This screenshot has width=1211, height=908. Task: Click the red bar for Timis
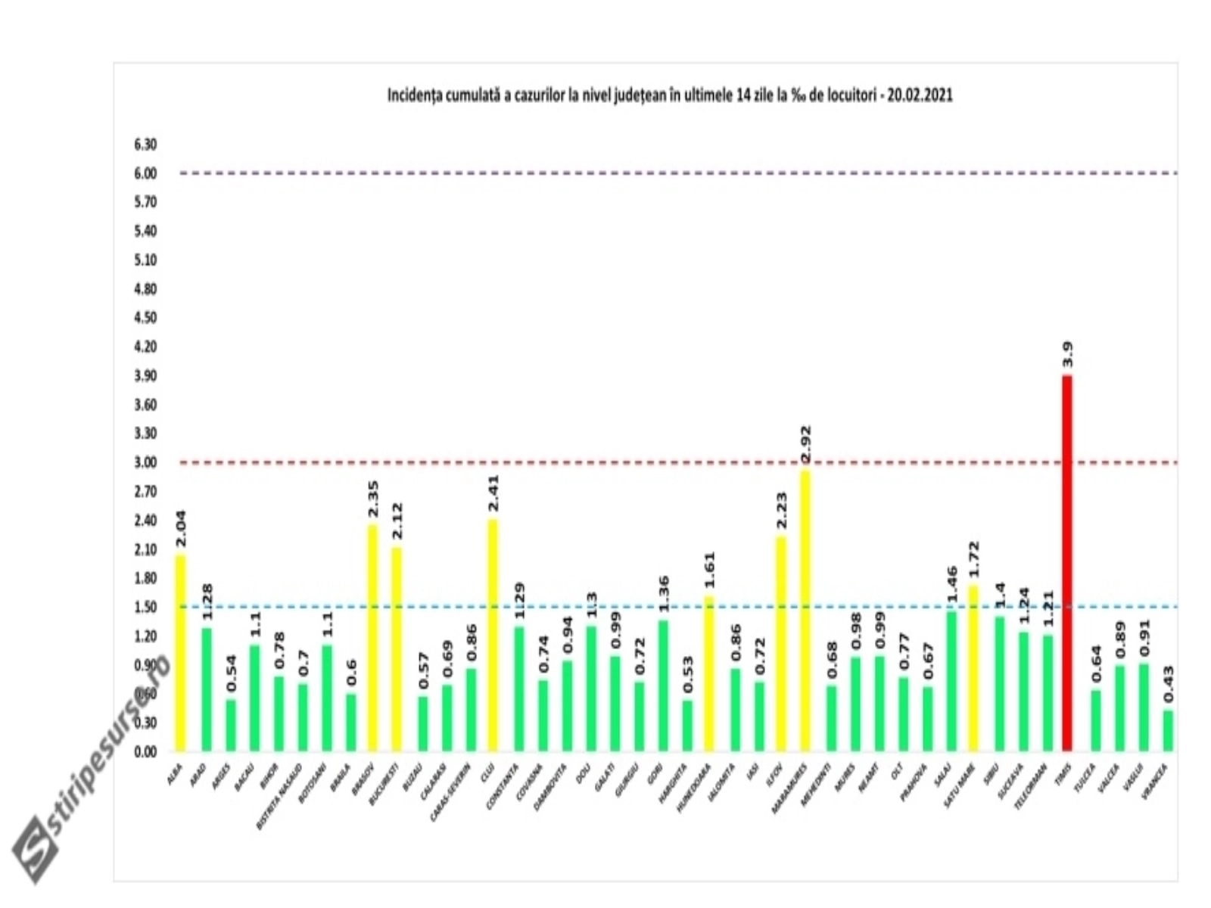(1067, 564)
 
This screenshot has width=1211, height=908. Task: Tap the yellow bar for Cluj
(493, 636)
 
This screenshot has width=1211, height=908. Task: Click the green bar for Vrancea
(1168, 731)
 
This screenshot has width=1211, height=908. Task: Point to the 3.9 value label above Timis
(1067, 354)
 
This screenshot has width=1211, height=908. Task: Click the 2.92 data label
(805, 445)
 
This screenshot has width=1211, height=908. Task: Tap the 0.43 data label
(1168, 683)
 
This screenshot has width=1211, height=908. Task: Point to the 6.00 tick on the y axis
(145, 173)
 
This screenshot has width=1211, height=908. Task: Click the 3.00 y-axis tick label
(145, 462)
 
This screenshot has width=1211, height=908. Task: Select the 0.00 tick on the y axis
(145, 751)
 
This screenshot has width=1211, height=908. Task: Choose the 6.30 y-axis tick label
(145, 145)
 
